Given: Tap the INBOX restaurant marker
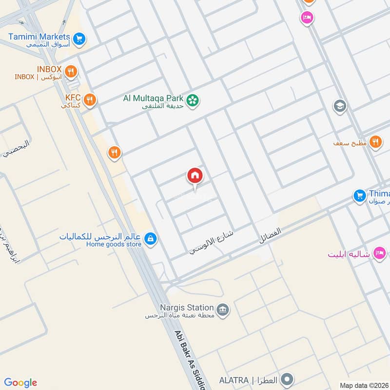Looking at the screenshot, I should (71, 72).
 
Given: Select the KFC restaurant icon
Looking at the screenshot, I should (90, 100).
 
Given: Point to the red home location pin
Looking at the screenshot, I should (195, 176).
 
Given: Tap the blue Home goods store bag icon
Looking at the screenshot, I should (151, 238).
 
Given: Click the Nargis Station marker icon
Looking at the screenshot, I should (223, 310).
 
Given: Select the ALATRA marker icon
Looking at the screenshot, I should (288, 379).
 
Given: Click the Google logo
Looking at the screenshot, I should (20, 383).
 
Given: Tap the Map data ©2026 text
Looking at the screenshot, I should (363, 385).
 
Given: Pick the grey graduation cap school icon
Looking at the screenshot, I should (340, 105).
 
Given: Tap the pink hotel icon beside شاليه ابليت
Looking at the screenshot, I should (379, 253).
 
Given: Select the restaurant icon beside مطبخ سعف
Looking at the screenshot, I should (375, 142).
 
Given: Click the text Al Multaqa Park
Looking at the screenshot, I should (153, 98).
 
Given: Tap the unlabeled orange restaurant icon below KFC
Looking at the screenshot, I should (114, 153).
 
